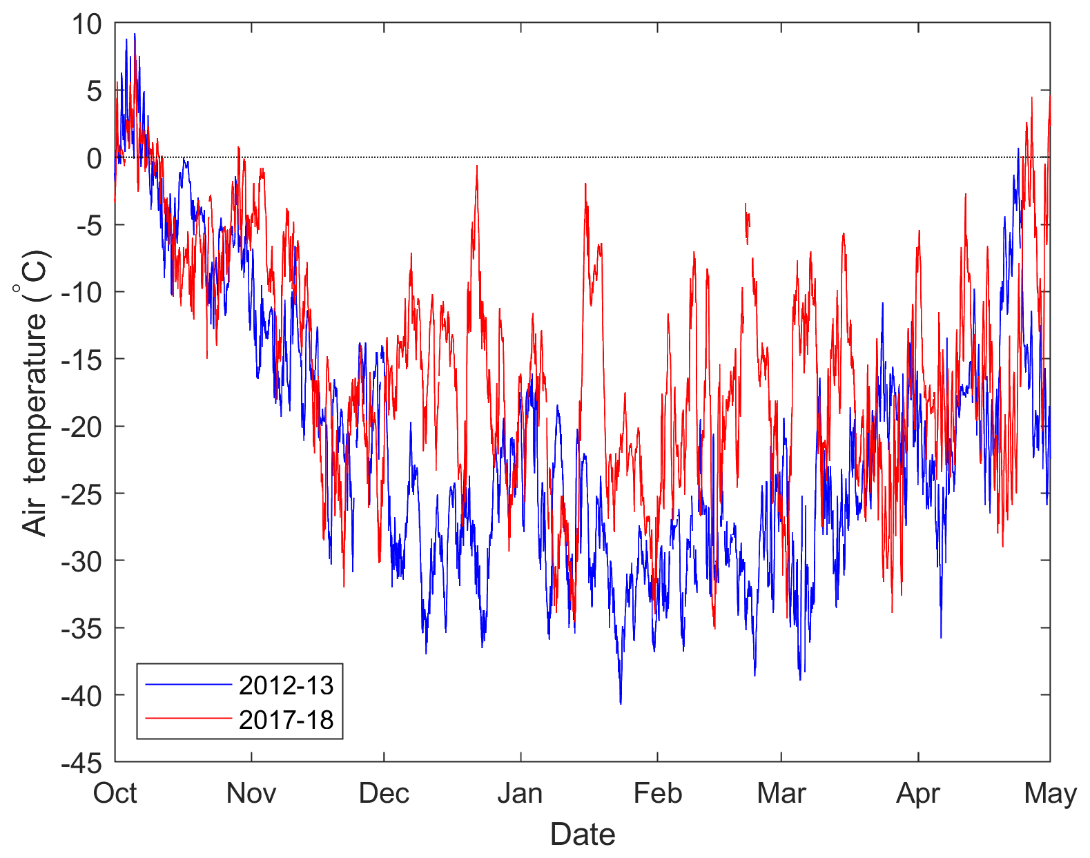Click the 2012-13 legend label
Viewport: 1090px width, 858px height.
tap(286, 685)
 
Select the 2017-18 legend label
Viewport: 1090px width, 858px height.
tap(286, 720)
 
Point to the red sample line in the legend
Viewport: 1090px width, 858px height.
tap(188, 719)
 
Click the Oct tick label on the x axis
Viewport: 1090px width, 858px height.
tap(115, 794)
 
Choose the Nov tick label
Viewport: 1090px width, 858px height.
tap(251, 794)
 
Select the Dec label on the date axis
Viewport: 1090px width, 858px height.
tap(384, 794)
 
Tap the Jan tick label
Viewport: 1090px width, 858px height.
tap(520, 794)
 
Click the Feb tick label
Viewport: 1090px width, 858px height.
tap(657, 794)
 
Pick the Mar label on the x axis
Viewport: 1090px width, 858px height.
tap(781, 794)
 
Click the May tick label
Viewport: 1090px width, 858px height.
tap(1050, 794)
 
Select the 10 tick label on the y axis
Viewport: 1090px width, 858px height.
tap(87, 25)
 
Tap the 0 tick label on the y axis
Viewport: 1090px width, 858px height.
tap(94, 159)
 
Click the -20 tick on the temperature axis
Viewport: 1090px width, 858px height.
tap(81, 427)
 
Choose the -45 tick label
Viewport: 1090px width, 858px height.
tap(81, 763)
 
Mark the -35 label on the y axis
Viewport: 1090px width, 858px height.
tap(81, 628)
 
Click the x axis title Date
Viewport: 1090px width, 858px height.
tap(583, 835)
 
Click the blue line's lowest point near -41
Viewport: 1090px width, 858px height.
tap(621, 703)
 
